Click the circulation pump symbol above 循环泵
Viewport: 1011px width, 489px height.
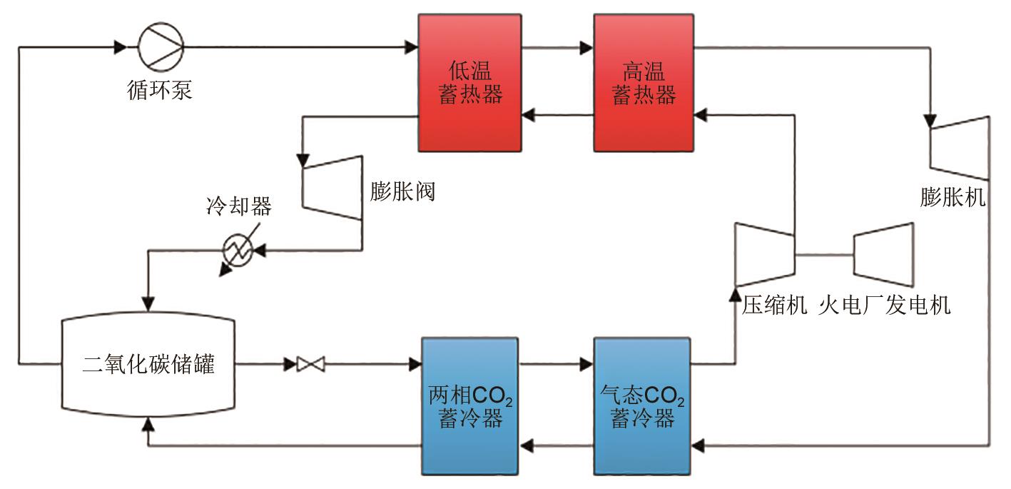click(x=161, y=48)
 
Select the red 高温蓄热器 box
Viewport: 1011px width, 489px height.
click(x=644, y=82)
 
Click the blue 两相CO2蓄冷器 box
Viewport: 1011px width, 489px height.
click(x=469, y=405)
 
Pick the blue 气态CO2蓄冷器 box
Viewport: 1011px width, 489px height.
click(x=643, y=405)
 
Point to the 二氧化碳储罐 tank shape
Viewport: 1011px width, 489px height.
click(x=148, y=365)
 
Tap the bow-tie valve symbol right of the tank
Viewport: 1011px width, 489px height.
click(x=310, y=365)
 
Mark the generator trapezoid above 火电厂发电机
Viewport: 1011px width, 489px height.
click(x=883, y=254)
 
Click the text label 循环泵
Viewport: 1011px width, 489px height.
click(x=157, y=91)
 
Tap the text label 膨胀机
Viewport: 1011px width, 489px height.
click(x=952, y=198)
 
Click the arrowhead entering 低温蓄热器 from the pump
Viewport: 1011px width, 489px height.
click(x=412, y=48)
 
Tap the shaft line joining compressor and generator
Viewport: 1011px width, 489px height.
click(x=824, y=254)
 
